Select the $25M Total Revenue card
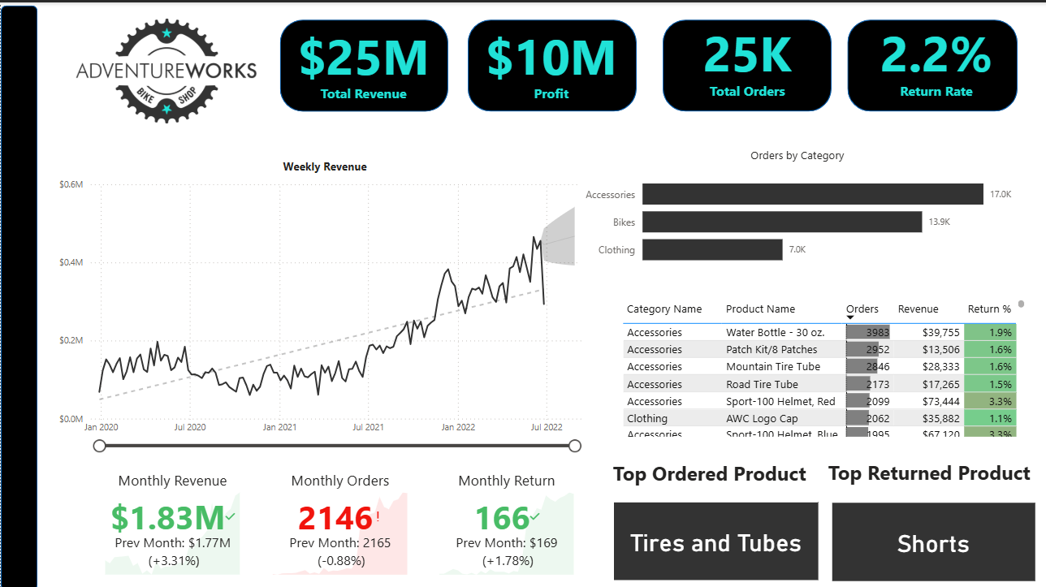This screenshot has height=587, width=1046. click(363, 66)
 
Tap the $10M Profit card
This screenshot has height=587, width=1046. click(551, 66)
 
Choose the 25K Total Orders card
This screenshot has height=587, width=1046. click(747, 65)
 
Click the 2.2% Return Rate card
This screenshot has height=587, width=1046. click(932, 64)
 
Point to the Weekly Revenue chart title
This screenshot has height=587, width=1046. click(325, 166)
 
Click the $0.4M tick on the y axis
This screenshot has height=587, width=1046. click(71, 263)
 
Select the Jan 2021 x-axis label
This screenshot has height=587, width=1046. click(279, 427)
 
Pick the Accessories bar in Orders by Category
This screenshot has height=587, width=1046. click(812, 194)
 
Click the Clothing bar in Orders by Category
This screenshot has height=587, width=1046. click(712, 249)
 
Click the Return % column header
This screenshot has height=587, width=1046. click(989, 309)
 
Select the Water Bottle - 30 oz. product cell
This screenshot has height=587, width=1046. click(775, 333)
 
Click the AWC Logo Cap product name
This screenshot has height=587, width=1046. click(762, 419)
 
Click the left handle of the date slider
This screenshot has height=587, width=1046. click(100, 446)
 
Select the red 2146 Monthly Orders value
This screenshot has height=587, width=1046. click(335, 518)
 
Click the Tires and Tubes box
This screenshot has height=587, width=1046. click(715, 542)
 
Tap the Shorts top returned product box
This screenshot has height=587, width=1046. click(933, 543)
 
